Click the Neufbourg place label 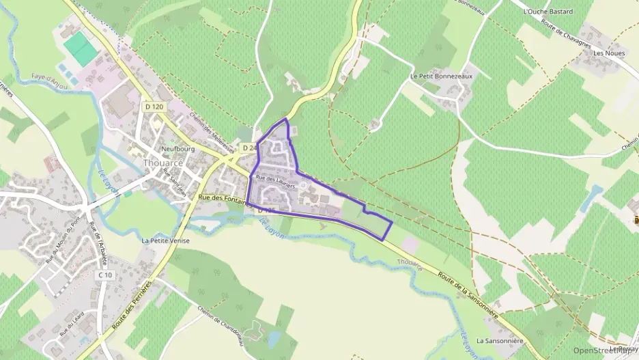180,148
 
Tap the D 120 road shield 154,107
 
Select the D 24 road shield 248,148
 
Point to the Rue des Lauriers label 275,178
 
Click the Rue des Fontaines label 220,197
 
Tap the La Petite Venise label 166,240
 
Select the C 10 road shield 104,275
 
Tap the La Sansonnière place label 499,340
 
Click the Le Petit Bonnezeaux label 441,77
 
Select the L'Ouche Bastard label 547,12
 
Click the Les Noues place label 609,53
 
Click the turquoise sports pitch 81,49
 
